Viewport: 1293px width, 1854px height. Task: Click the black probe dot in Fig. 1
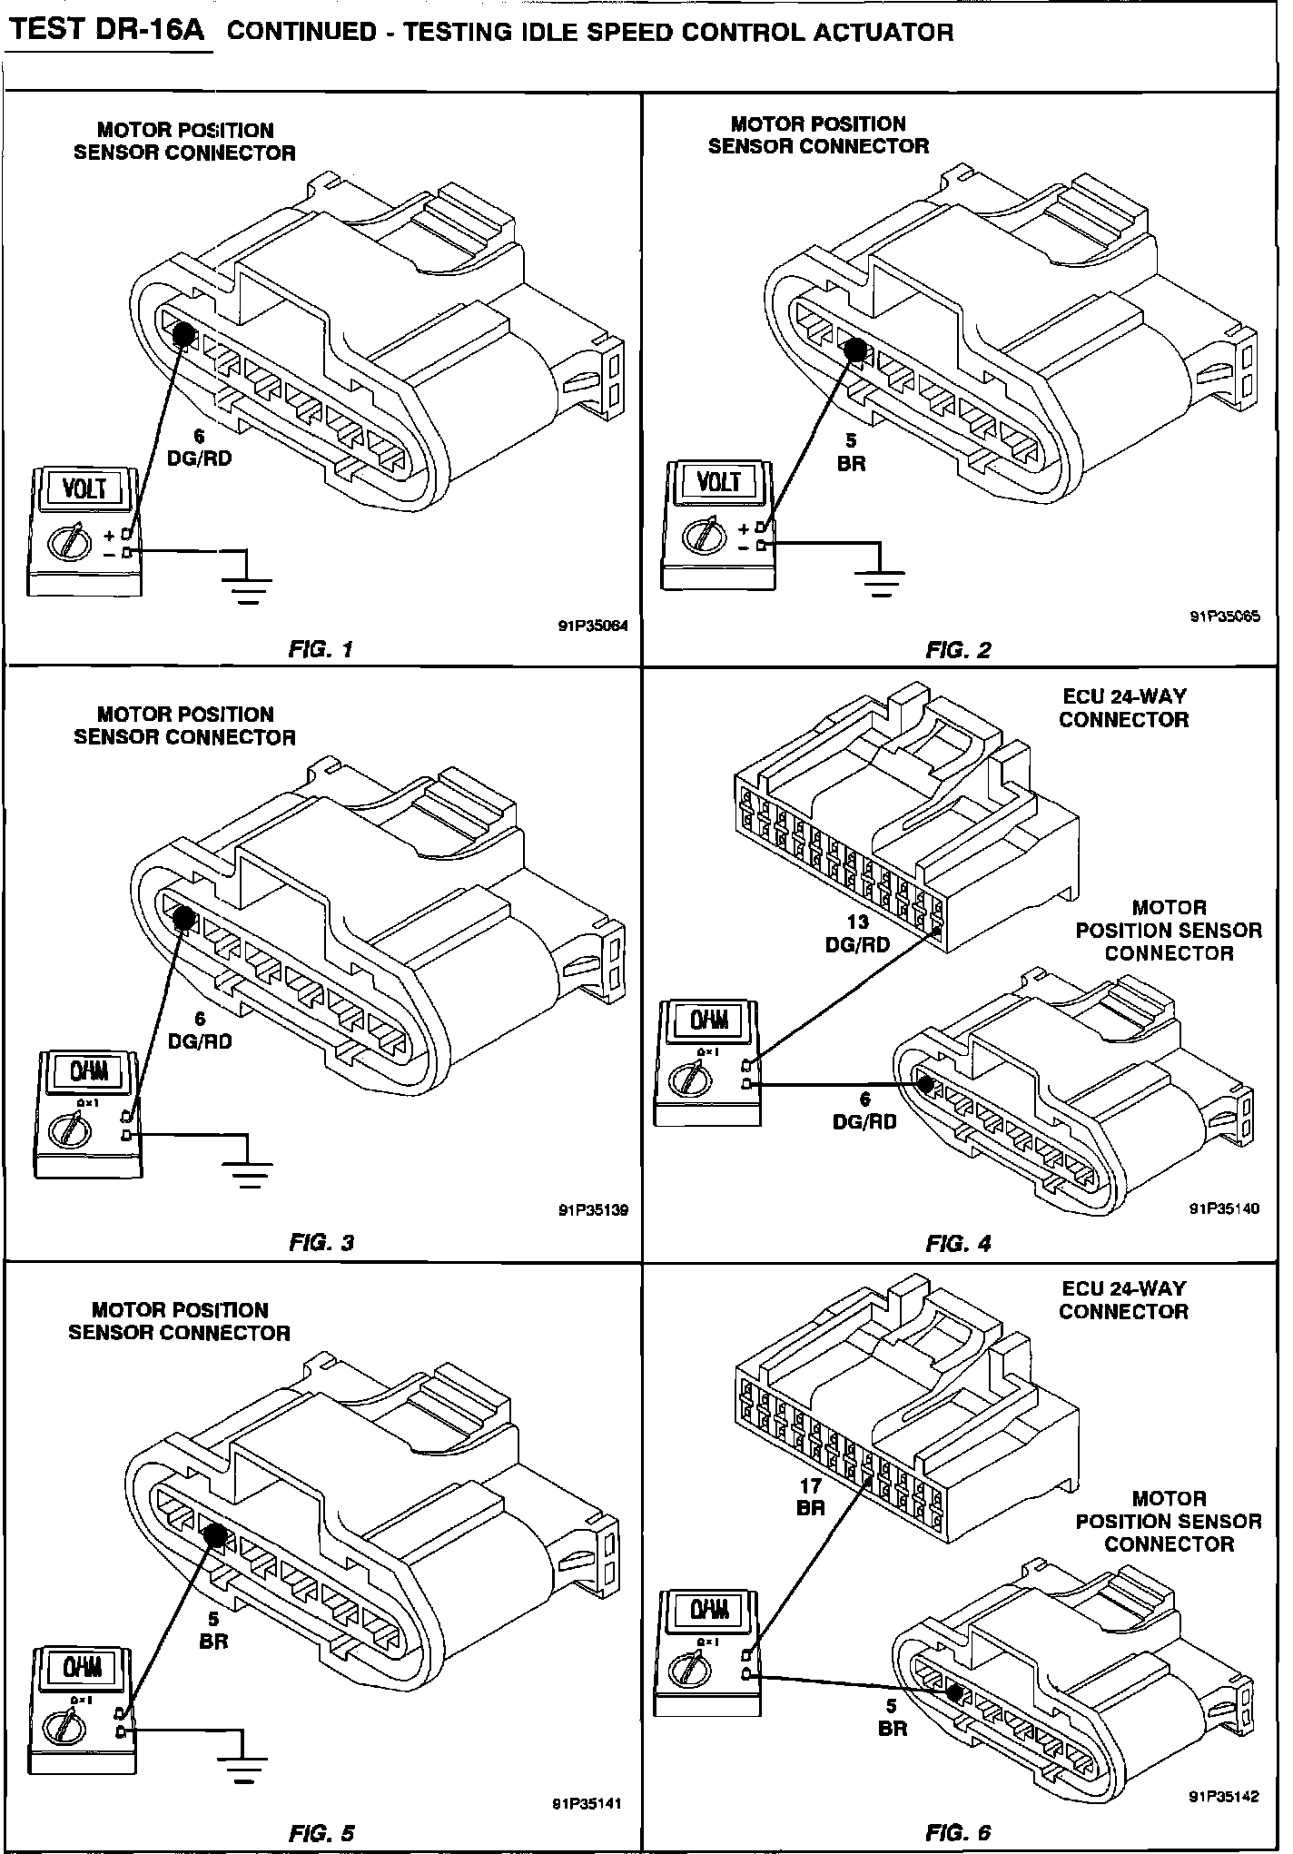coord(183,334)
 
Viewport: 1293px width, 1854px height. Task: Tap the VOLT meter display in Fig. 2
coord(718,483)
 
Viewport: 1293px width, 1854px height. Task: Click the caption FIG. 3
coord(321,1242)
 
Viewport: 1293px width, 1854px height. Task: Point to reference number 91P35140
coord(1225,1208)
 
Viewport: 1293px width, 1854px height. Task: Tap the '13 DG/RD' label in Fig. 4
coord(857,933)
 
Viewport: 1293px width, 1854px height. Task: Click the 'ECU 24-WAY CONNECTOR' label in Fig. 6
coord(1123,1299)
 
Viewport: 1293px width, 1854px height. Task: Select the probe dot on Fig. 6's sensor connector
coord(953,1691)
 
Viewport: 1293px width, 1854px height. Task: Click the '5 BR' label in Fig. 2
coord(851,452)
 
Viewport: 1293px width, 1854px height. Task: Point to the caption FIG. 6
coord(959,1832)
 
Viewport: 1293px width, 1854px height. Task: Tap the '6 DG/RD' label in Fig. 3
coord(201,1031)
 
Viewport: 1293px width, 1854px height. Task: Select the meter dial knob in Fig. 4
coord(686,1079)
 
